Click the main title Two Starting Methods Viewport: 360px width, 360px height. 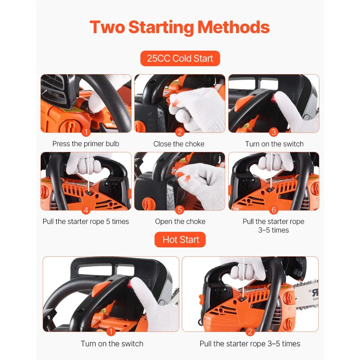coord(180,27)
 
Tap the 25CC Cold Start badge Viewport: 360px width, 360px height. coord(180,58)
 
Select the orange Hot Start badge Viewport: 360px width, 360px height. coord(181,240)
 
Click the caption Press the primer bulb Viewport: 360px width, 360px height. coord(86,144)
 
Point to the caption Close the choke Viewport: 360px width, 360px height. coord(179,144)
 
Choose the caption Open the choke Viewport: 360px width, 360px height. coord(180,221)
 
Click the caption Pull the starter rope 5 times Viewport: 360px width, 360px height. coord(86,221)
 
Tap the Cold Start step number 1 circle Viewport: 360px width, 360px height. coord(86,132)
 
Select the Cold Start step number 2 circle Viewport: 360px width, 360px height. coord(180,132)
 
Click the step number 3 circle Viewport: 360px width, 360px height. coord(274,132)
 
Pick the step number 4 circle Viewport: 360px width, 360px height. coord(86,210)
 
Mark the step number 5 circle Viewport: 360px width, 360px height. coord(180,210)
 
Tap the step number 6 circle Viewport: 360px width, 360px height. coord(274,210)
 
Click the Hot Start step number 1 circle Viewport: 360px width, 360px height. coord(111,332)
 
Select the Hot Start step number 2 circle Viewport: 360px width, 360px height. coord(250,332)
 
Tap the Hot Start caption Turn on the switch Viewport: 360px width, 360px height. coord(112,343)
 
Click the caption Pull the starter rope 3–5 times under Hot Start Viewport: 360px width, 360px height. coord(250,343)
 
